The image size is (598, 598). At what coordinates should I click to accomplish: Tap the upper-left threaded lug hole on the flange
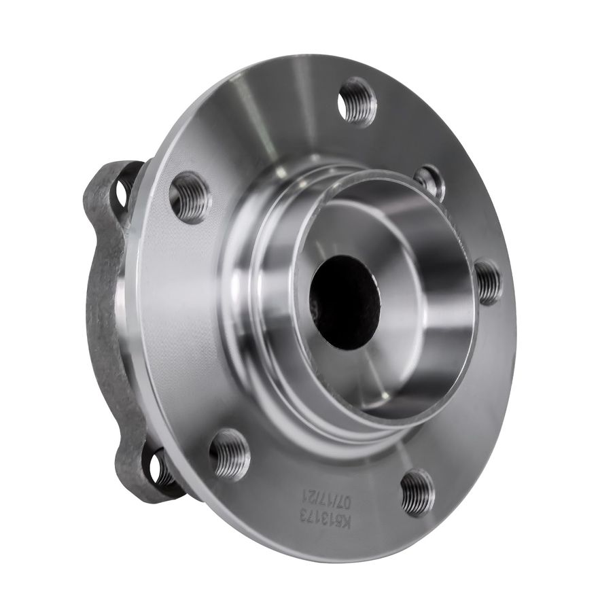coord(190,197)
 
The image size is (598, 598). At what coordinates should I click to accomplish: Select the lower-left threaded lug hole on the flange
coord(230,454)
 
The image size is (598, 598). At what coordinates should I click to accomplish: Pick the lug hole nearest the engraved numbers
coord(417,492)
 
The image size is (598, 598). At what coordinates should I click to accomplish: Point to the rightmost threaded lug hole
coord(488,281)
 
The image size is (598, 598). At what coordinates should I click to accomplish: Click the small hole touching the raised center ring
coord(430,181)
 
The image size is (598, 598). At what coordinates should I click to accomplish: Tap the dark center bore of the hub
coord(345,303)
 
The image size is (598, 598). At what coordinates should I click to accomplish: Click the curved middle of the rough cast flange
coord(102,326)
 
